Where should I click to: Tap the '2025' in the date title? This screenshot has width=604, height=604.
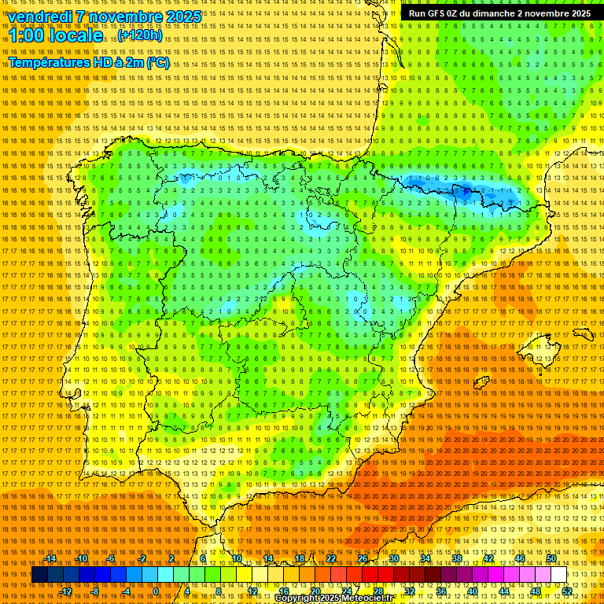coord(179,17)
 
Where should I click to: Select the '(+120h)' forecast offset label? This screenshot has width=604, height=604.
coord(141,35)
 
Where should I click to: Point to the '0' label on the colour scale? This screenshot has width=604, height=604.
coord(156,591)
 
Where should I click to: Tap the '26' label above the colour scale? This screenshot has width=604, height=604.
coord(363,558)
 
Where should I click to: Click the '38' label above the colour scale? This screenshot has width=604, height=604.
coord(456,558)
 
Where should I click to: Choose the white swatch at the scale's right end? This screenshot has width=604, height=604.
coord(558,575)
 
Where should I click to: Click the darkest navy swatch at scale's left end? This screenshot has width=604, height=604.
coord(39,575)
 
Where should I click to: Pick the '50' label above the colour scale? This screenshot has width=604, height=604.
coord(551,558)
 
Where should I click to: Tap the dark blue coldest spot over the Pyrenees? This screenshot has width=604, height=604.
coord(466,190)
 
